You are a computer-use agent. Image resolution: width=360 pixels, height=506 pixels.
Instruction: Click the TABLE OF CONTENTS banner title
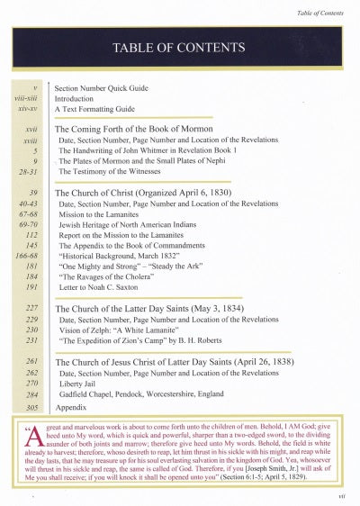click(180, 48)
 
